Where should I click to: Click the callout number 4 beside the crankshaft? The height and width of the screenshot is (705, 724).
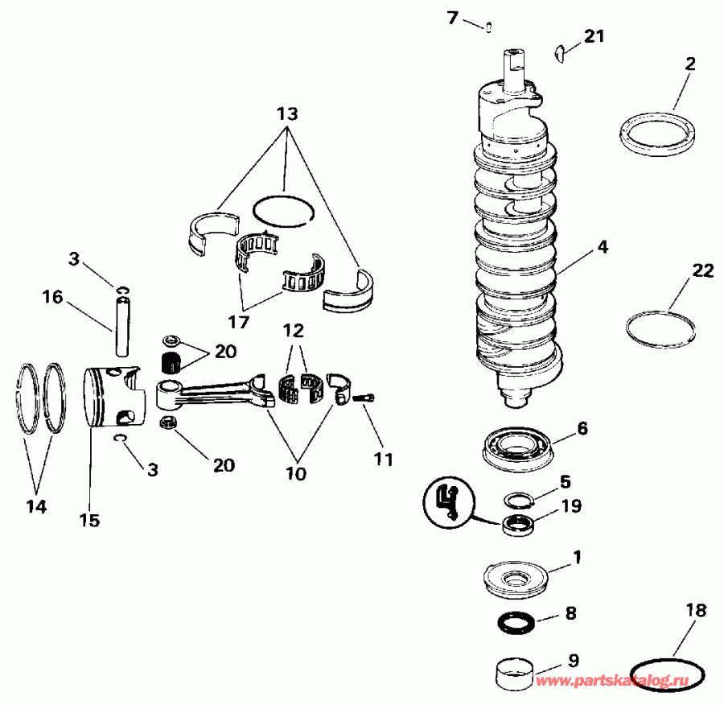[x=602, y=249]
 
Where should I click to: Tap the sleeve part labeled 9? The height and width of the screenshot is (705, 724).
[x=515, y=672]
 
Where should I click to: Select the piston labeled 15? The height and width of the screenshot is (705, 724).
[x=113, y=398]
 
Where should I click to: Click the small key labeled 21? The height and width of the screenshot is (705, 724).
[x=560, y=55]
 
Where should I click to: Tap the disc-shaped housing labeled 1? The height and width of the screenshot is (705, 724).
[x=515, y=579]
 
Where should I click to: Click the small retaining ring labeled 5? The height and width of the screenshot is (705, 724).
[x=520, y=500]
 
